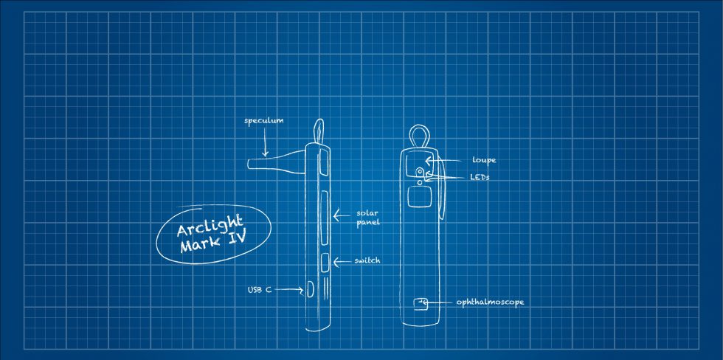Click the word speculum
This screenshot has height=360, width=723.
(x=264, y=121)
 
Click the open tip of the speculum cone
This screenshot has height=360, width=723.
(x=249, y=164)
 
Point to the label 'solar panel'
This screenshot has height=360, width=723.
(x=368, y=218)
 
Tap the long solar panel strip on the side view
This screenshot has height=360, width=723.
(x=323, y=218)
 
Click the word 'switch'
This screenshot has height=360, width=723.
(x=367, y=261)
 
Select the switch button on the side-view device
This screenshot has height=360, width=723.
(x=325, y=262)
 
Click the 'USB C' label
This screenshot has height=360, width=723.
(x=260, y=290)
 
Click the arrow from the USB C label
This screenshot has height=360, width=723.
(x=289, y=290)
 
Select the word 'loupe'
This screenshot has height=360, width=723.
(x=484, y=160)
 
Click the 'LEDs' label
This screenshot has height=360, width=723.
(x=480, y=177)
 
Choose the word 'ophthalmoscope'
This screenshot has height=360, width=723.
(x=490, y=303)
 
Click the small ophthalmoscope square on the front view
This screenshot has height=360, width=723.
(x=421, y=303)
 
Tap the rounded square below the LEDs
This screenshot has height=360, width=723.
(x=419, y=197)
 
